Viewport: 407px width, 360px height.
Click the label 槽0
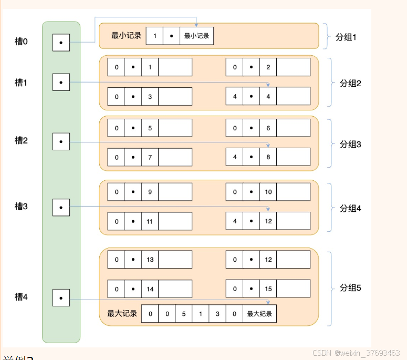[x=21, y=40]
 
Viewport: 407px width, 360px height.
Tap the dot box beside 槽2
[x=61, y=142]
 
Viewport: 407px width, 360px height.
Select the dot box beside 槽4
[x=61, y=298]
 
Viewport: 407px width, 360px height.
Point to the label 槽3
[x=21, y=206]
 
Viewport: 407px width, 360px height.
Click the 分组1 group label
[x=346, y=37]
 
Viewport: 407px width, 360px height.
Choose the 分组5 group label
[x=350, y=288]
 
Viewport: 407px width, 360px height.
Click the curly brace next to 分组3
[x=330, y=143]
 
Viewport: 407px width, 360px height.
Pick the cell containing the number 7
[x=150, y=157]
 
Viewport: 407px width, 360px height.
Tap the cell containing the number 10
[x=268, y=192]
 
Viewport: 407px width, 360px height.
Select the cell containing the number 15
[x=268, y=289]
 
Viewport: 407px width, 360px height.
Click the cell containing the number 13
[x=150, y=260]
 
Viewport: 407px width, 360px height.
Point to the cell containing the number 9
[x=150, y=192]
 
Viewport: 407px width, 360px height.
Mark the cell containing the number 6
[x=268, y=128]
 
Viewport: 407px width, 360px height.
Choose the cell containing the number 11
[x=150, y=221]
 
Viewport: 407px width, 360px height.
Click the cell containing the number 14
[x=150, y=289]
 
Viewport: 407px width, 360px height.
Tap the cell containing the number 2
[x=268, y=67]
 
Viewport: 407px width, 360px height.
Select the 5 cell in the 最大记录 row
[x=184, y=314]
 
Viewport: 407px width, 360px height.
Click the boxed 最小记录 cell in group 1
[x=196, y=36]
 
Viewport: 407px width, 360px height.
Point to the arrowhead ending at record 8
[x=268, y=145]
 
